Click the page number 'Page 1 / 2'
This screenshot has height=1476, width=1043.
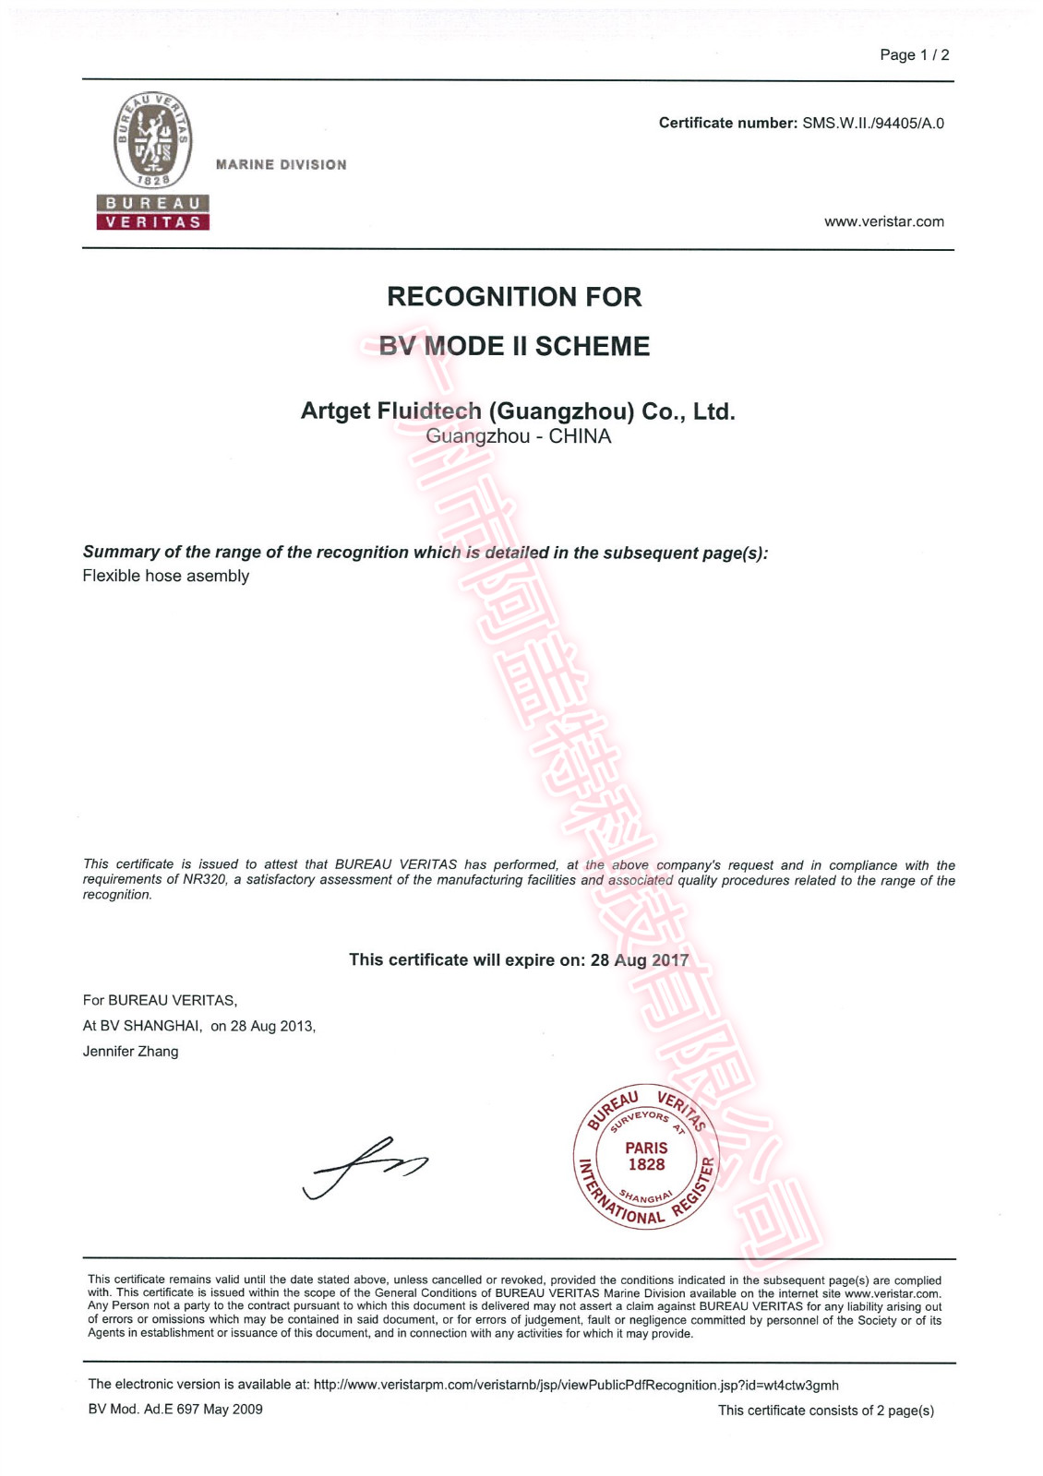click(x=914, y=55)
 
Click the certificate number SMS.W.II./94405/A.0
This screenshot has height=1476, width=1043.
click(x=872, y=124)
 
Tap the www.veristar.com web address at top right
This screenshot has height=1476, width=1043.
click(x=883, y=221)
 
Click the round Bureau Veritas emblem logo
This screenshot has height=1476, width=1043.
click(x=153, y=141)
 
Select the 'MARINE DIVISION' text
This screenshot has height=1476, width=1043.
click(x=281, y=165)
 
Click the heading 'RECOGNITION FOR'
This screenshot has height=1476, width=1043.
click(x=514, y=297)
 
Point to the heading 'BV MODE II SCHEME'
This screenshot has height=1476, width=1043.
click(x=514, y=347)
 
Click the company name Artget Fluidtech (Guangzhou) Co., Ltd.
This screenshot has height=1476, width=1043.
click(x=518, y=411)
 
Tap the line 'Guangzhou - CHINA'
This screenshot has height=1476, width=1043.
click(x=518, y=436)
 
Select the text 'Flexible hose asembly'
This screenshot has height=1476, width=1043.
click(x=166, y=576)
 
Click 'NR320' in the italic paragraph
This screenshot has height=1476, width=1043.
click(x=204, y=880)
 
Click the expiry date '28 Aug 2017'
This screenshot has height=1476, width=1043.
click(x=640, y=960)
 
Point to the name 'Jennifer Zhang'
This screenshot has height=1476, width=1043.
click(x=130, y=1052)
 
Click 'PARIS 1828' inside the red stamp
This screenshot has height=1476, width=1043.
click(x=646, y=1157)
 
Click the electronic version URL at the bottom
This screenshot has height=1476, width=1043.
click(x=576, y=1385)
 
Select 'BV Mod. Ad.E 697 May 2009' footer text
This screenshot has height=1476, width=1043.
click(x=175, y=1410)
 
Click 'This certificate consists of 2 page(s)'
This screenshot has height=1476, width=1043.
click(x=825, y=1411)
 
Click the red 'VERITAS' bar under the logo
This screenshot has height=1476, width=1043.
click(x=153, y=222)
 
